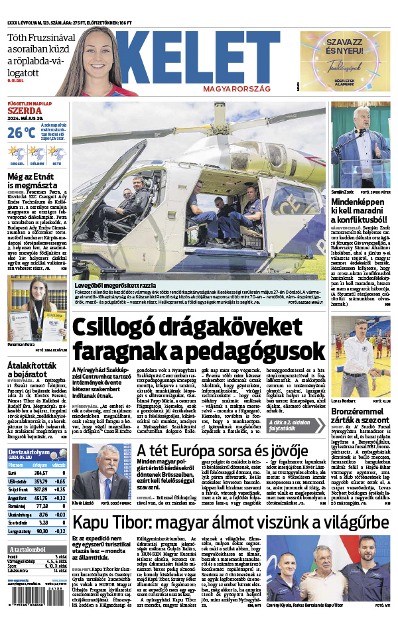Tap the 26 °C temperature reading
(x=21, y=133)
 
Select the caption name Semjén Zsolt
(x=343, y=192)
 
